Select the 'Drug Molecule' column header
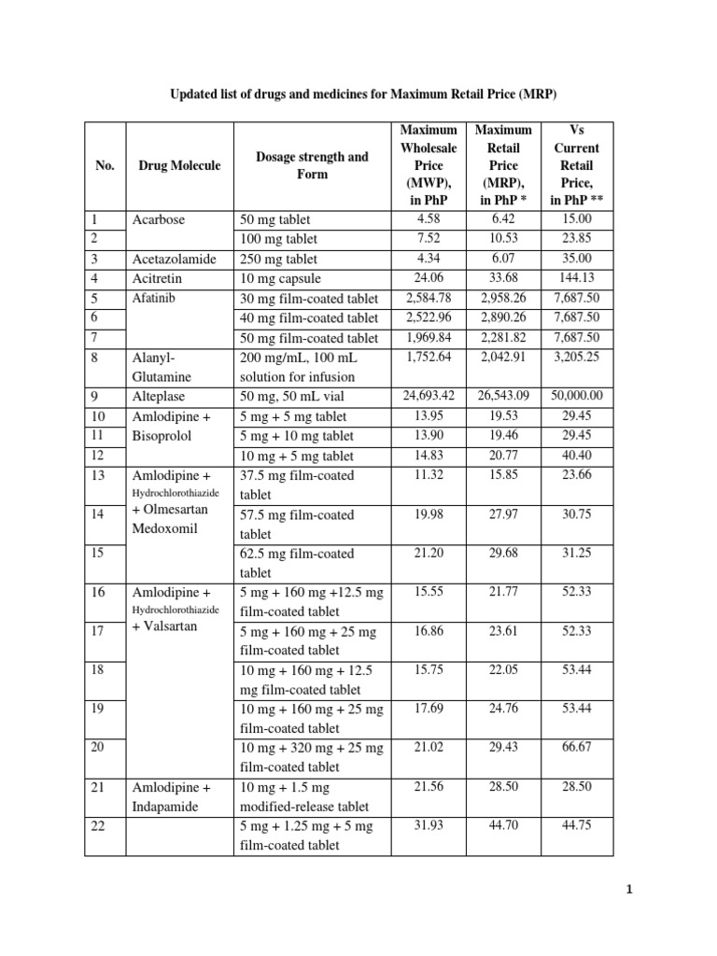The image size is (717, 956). point(179,165)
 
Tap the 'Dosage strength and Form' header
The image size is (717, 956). point(312,165)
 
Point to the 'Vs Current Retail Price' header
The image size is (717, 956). point(576,165)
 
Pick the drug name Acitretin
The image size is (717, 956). point(156,278)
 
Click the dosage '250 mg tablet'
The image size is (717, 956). point(278,259)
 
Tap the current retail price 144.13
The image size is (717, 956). point(576,278)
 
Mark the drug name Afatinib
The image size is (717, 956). point(154,298)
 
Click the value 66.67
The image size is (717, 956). point(576,747)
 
